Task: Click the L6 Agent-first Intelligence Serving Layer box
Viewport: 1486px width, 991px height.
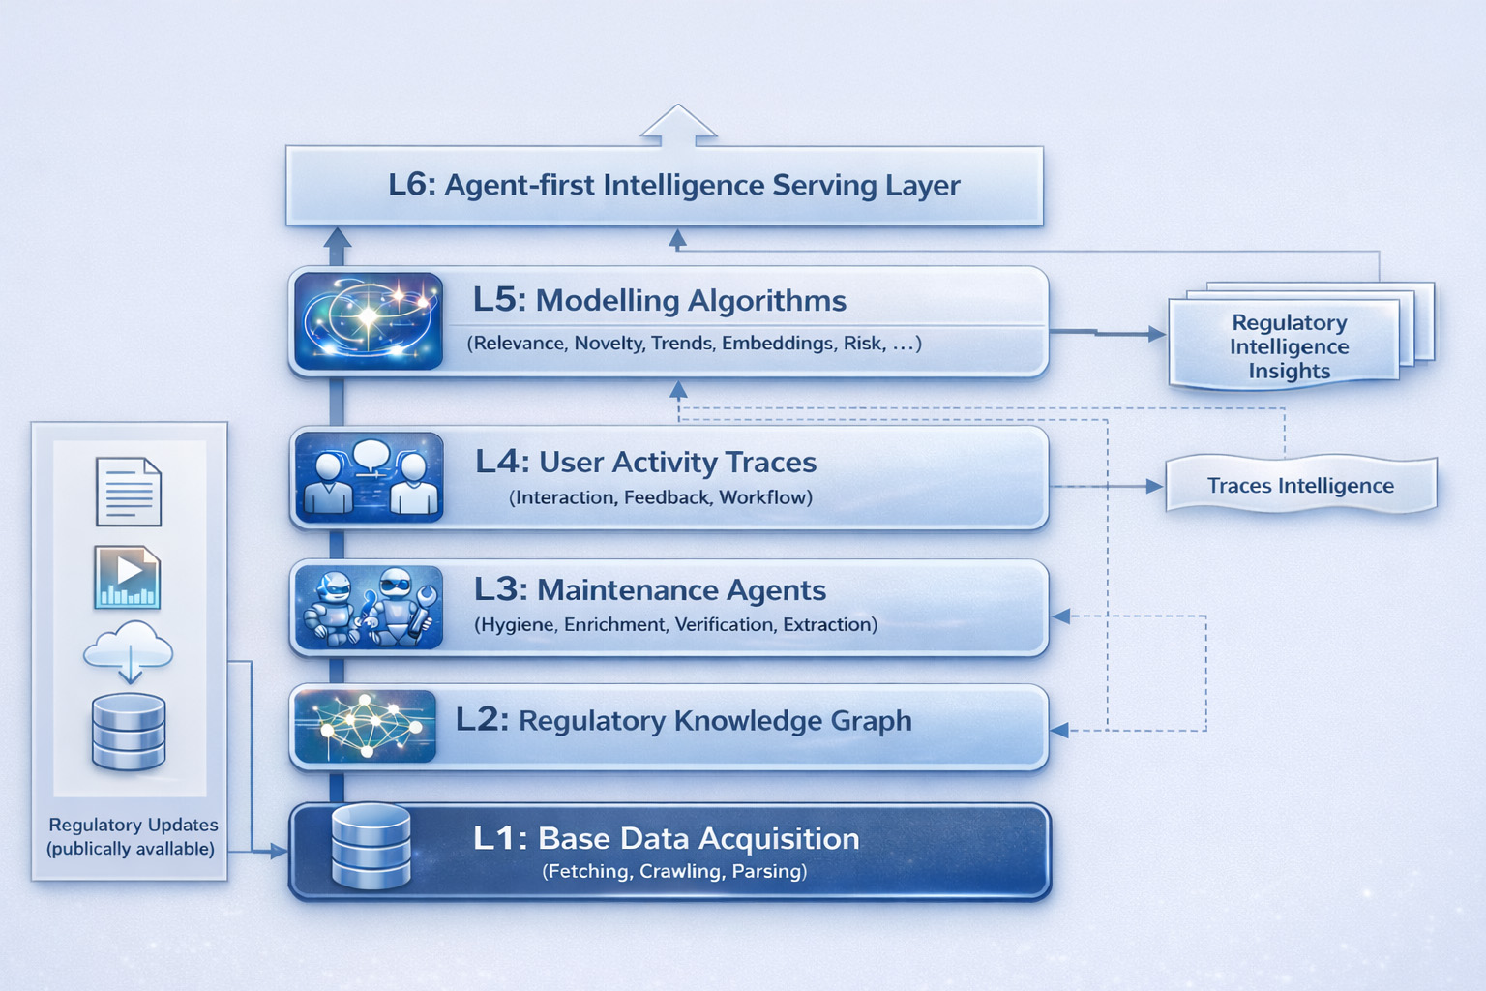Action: pos(664,186)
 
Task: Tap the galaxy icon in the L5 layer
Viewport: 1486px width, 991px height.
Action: pos(368,321)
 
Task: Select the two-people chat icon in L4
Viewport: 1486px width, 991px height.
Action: pos(369,477)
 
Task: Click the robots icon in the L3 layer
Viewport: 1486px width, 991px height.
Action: pos(369,607)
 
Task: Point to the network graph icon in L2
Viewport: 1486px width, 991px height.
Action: pos(365,725)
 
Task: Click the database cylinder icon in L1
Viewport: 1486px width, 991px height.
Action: pos(371,846)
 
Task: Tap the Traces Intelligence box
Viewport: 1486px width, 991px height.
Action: pos(1300,485)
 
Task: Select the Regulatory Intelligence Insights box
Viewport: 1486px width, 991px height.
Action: pos(1288,345)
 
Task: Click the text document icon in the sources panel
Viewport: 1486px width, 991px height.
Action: pos(129,492)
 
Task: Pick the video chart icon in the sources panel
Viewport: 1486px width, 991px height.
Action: pos(127,577)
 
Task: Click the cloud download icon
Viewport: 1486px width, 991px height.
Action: pos(129,649)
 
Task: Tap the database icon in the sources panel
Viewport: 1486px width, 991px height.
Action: pos(129,732)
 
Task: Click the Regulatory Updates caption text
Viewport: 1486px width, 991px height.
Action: pos(132,836)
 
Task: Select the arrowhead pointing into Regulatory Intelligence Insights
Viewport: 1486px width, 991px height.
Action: pos(1156,334)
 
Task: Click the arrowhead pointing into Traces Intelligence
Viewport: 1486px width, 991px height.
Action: pos(1154,486)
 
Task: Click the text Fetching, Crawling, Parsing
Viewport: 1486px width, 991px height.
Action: pos(674,871)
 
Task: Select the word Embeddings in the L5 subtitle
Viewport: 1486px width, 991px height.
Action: pos(777,344)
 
